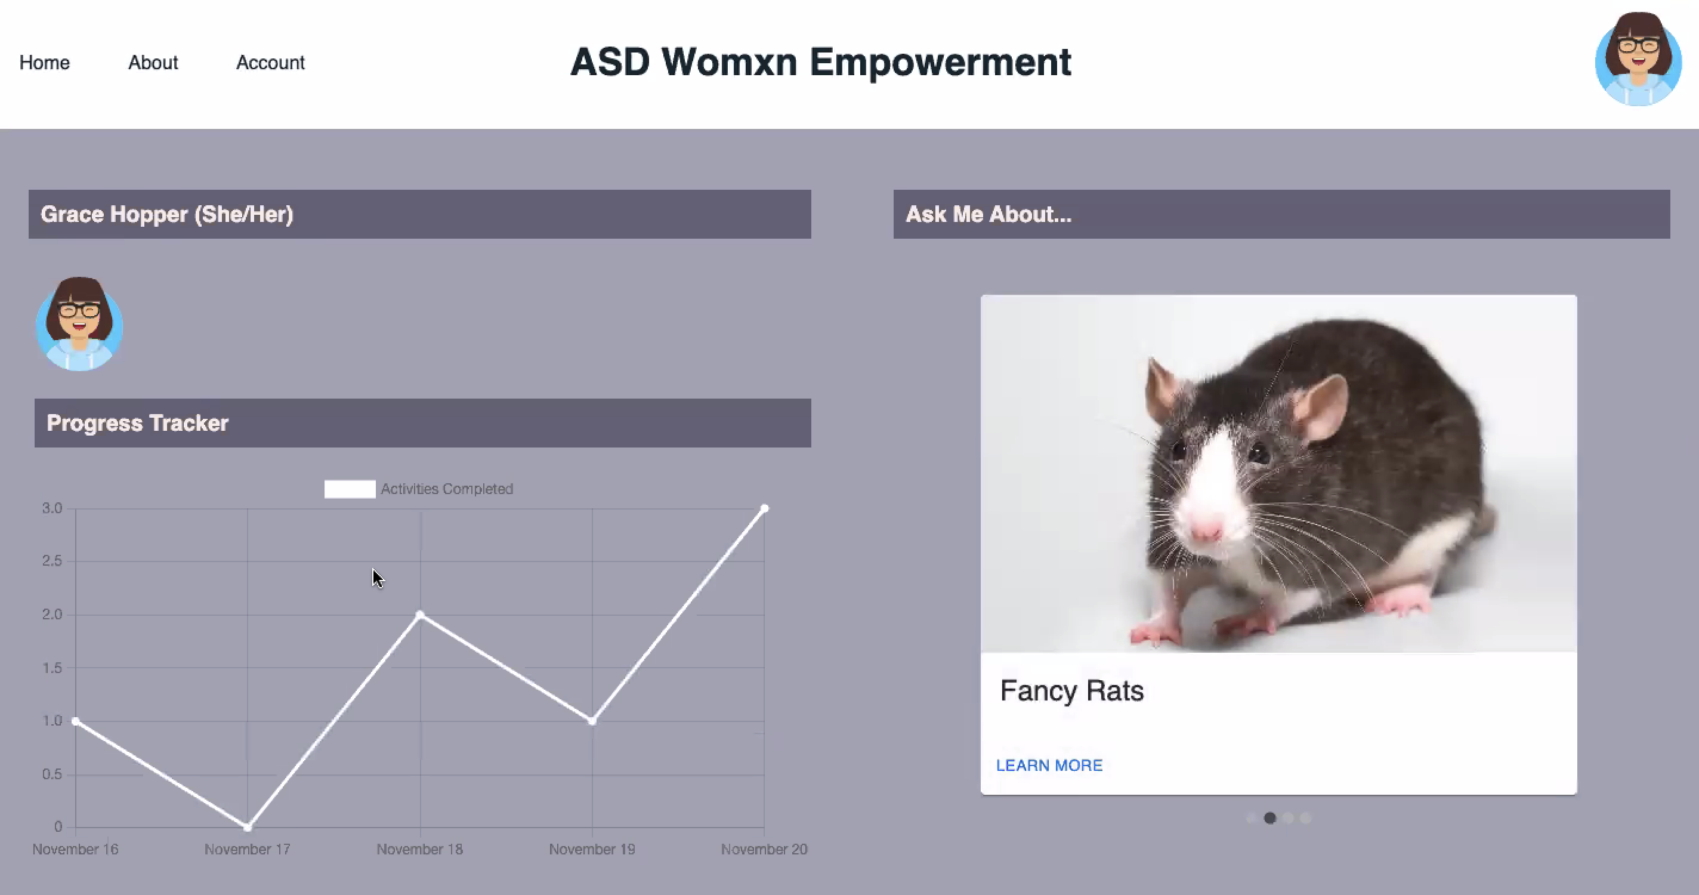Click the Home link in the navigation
(44, 63)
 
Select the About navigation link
(153, 63)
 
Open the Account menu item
(270, 63)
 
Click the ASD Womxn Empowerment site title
(820, 62)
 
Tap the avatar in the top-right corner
(1638, 58)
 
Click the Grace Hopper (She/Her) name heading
(167, 214)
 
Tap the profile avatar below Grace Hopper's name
(79, 324)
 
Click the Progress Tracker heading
(137, 423)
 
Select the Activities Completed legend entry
(418, 489)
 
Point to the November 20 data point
(764, 508)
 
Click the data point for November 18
(420, 615)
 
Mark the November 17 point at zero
(248, 826)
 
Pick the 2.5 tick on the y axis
(52, 561)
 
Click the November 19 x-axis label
(592, 849)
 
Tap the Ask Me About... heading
(988, 214)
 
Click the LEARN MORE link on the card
(1049, 765)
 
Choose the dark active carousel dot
(1269, 818)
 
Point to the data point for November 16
(76, 721)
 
